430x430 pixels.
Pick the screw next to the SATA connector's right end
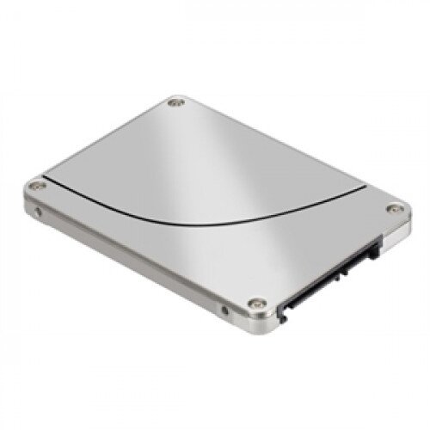395,208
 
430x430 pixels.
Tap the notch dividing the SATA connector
348,266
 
